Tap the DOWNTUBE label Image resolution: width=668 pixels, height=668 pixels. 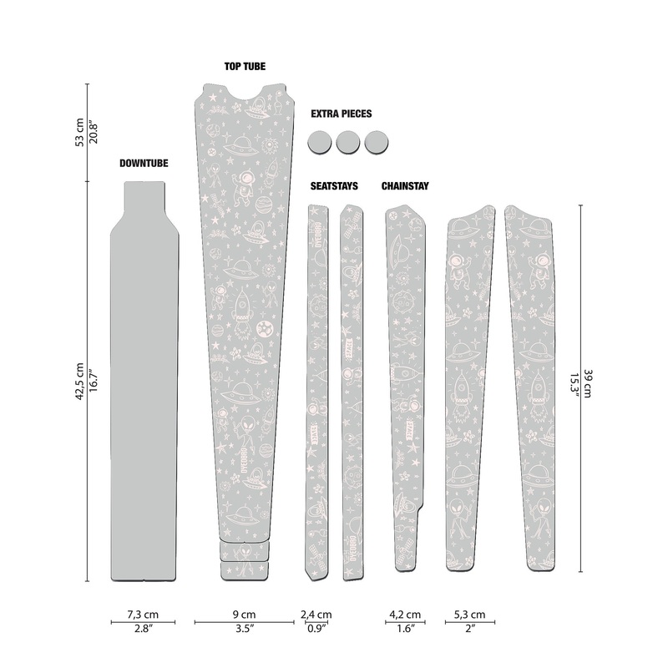tap(143, 164)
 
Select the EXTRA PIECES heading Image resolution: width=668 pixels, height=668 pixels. tap(341, 114)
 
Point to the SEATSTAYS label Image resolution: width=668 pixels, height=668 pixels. tap(334, 186)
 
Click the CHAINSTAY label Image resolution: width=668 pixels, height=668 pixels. tap(405, 186)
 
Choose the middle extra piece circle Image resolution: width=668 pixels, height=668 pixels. tap(348, 142)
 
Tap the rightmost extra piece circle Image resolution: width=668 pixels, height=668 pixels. tap(377, 142)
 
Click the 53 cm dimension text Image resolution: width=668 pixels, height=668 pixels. tap(78, 132)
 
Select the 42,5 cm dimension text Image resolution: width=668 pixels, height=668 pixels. tap(78, 381)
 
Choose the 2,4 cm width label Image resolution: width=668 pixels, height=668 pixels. tap(316, 615)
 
